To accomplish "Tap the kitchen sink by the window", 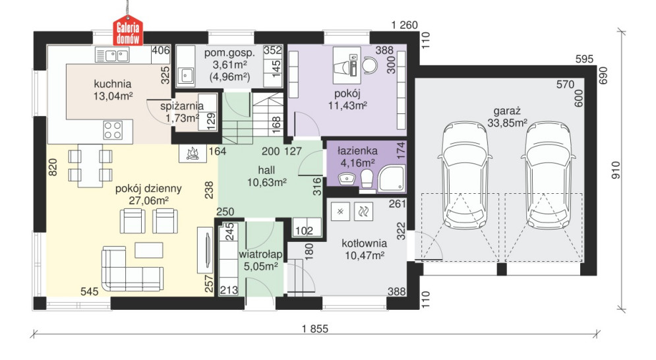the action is (111, 55).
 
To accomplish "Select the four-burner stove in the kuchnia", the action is (113, 130).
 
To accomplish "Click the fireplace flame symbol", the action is (193, 153).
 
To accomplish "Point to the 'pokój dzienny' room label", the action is (148, 189).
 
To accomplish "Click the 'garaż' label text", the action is (506, 111).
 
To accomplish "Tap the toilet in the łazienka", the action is (367, 178).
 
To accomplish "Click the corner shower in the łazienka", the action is (392, 178).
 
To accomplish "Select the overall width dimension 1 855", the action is (315, 329).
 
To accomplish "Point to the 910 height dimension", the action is (616, 170).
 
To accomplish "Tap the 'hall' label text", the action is (266, 170).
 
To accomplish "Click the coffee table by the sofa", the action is (148, 251).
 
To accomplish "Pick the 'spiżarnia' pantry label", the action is (182, 106).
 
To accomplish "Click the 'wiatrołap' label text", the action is (260, 254).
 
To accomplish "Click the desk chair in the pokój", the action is (369, 65).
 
